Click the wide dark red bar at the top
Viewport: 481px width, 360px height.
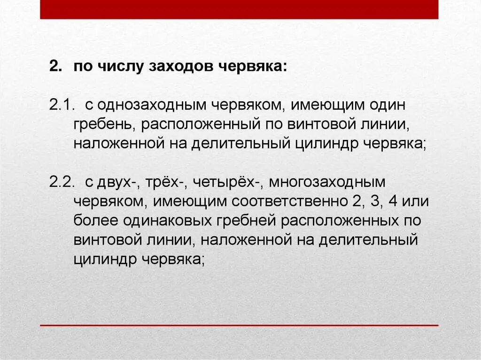click(239, 9)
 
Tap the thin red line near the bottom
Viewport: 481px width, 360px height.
click(239, 325)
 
